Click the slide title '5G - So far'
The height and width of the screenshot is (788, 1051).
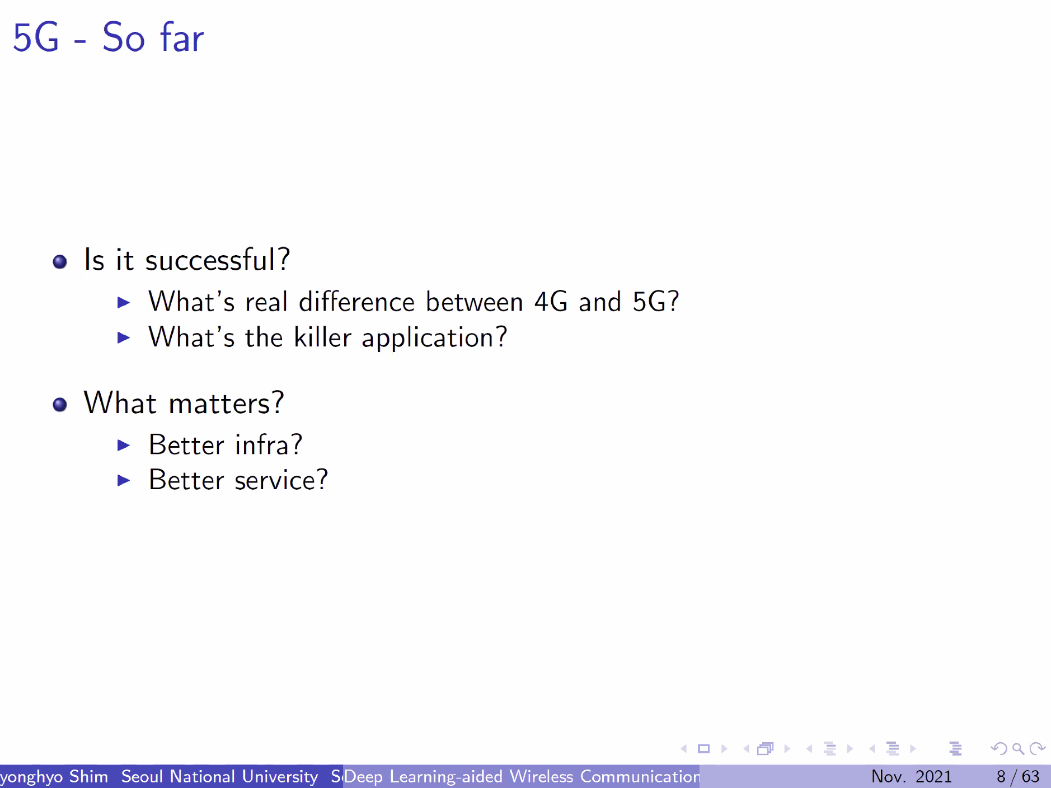(109, 37)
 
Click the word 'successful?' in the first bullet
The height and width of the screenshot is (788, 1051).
(218, 260)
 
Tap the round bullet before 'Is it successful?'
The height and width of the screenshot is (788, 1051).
(60, 261)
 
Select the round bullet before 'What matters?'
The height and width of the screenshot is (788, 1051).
(60, 404)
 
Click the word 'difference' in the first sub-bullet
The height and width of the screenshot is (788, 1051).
(357, 302)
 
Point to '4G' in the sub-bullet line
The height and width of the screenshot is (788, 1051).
(551, 302)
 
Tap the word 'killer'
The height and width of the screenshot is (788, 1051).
(323, 337)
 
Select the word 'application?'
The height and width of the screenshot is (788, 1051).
(435, 338)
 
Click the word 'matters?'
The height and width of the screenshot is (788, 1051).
(227, 403)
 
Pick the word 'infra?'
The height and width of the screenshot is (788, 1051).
(269, 444)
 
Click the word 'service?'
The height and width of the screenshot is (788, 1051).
(281, 480)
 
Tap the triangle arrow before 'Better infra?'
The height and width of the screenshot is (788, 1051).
(124, 445)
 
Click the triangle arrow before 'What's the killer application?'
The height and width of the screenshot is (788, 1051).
(124, 337)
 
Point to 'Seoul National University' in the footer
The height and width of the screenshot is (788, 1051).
(220, 776)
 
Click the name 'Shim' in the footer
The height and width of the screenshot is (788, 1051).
(88, 776)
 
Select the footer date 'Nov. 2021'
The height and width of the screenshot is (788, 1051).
(912, 776)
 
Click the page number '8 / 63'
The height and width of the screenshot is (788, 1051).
(1018, 776)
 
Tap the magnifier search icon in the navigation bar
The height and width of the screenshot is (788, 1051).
(1019, 749)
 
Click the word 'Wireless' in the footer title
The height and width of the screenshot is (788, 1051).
(542, 776)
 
